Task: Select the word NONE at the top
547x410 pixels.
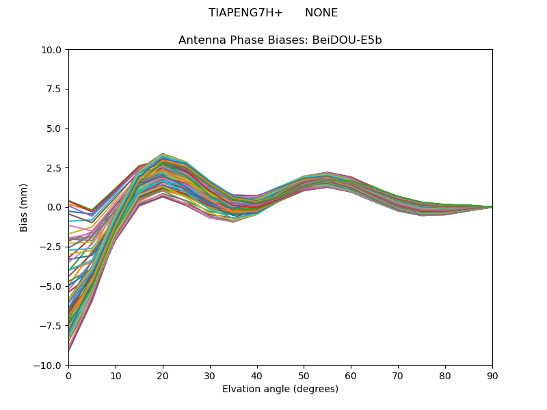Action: [x=321, y=13]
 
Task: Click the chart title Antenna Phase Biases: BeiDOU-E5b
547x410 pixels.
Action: [x=280, y=40]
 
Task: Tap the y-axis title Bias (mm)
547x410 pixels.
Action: [x=24, y=207]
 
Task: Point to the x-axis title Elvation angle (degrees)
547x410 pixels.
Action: [x=280, y=389]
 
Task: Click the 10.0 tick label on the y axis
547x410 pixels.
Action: [x=52, y=50]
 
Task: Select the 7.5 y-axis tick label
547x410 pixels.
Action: [x=55, y=89]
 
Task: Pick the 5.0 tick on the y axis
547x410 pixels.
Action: [x=55, y=128]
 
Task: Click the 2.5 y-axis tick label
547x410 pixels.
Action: [x=55, y=168]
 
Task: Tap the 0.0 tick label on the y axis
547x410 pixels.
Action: [x=55, y=207]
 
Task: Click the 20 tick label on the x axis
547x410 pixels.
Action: [x=163, y=376]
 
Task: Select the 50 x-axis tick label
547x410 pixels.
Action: [x=304, y=376]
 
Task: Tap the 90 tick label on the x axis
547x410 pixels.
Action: [x=492, y=376]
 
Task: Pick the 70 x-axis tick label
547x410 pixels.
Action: [x=398, y=376]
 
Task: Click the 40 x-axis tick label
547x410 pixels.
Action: [x=257, y=376]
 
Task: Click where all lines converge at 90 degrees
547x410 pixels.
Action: [x=492, y=207]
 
